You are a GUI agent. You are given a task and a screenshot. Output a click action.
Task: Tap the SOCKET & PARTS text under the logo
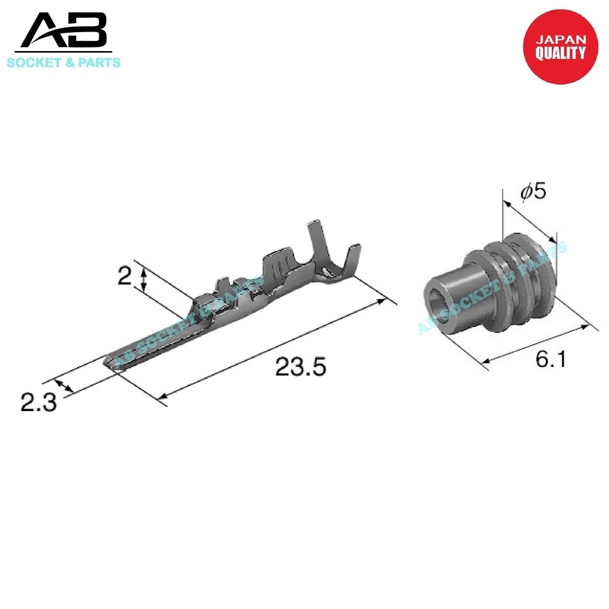pos(63,62)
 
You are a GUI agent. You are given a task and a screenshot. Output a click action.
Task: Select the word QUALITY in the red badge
pos(560,54)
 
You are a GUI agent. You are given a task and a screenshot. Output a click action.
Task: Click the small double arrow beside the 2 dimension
pos(144,279)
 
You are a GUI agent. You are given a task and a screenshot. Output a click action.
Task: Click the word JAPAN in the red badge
pos(561,40)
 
